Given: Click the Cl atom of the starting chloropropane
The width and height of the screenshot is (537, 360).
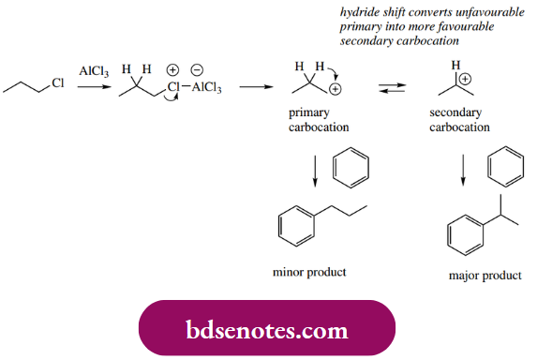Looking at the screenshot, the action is (56, 83).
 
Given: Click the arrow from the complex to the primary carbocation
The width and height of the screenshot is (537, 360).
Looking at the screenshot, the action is (253, 87).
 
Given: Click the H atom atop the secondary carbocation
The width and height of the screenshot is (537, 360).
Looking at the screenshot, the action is (456, 66).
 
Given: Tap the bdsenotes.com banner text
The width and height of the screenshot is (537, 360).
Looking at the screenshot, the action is (267, 331).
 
